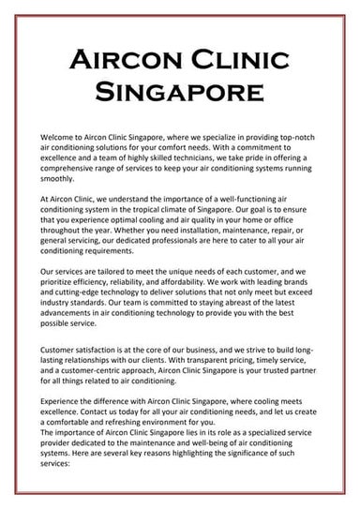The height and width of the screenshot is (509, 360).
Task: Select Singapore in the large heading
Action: point(179,94)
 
